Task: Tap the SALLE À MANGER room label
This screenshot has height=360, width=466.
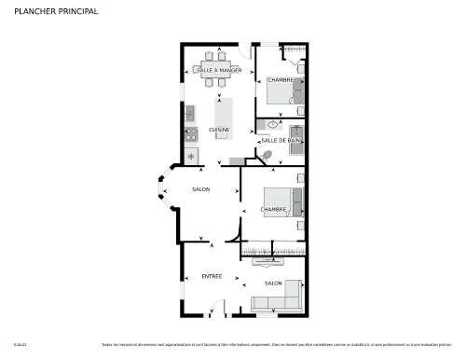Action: (x=218, y=71)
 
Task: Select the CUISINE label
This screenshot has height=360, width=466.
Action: (x=219, y=129)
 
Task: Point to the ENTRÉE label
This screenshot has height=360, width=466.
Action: (x=212, y=277)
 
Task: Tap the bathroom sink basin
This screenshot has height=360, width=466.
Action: (x=273, y=123)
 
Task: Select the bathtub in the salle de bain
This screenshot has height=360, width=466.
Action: (x=296, y=140)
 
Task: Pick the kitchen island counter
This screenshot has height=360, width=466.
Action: (x=223, y=116)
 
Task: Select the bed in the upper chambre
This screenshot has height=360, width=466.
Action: (x=285, y=90)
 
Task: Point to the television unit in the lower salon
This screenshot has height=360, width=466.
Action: (x=273, y=264)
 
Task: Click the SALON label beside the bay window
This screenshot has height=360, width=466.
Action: (x=200, y=189)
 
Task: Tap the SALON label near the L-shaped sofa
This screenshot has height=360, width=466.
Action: (x=273, y=283)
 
